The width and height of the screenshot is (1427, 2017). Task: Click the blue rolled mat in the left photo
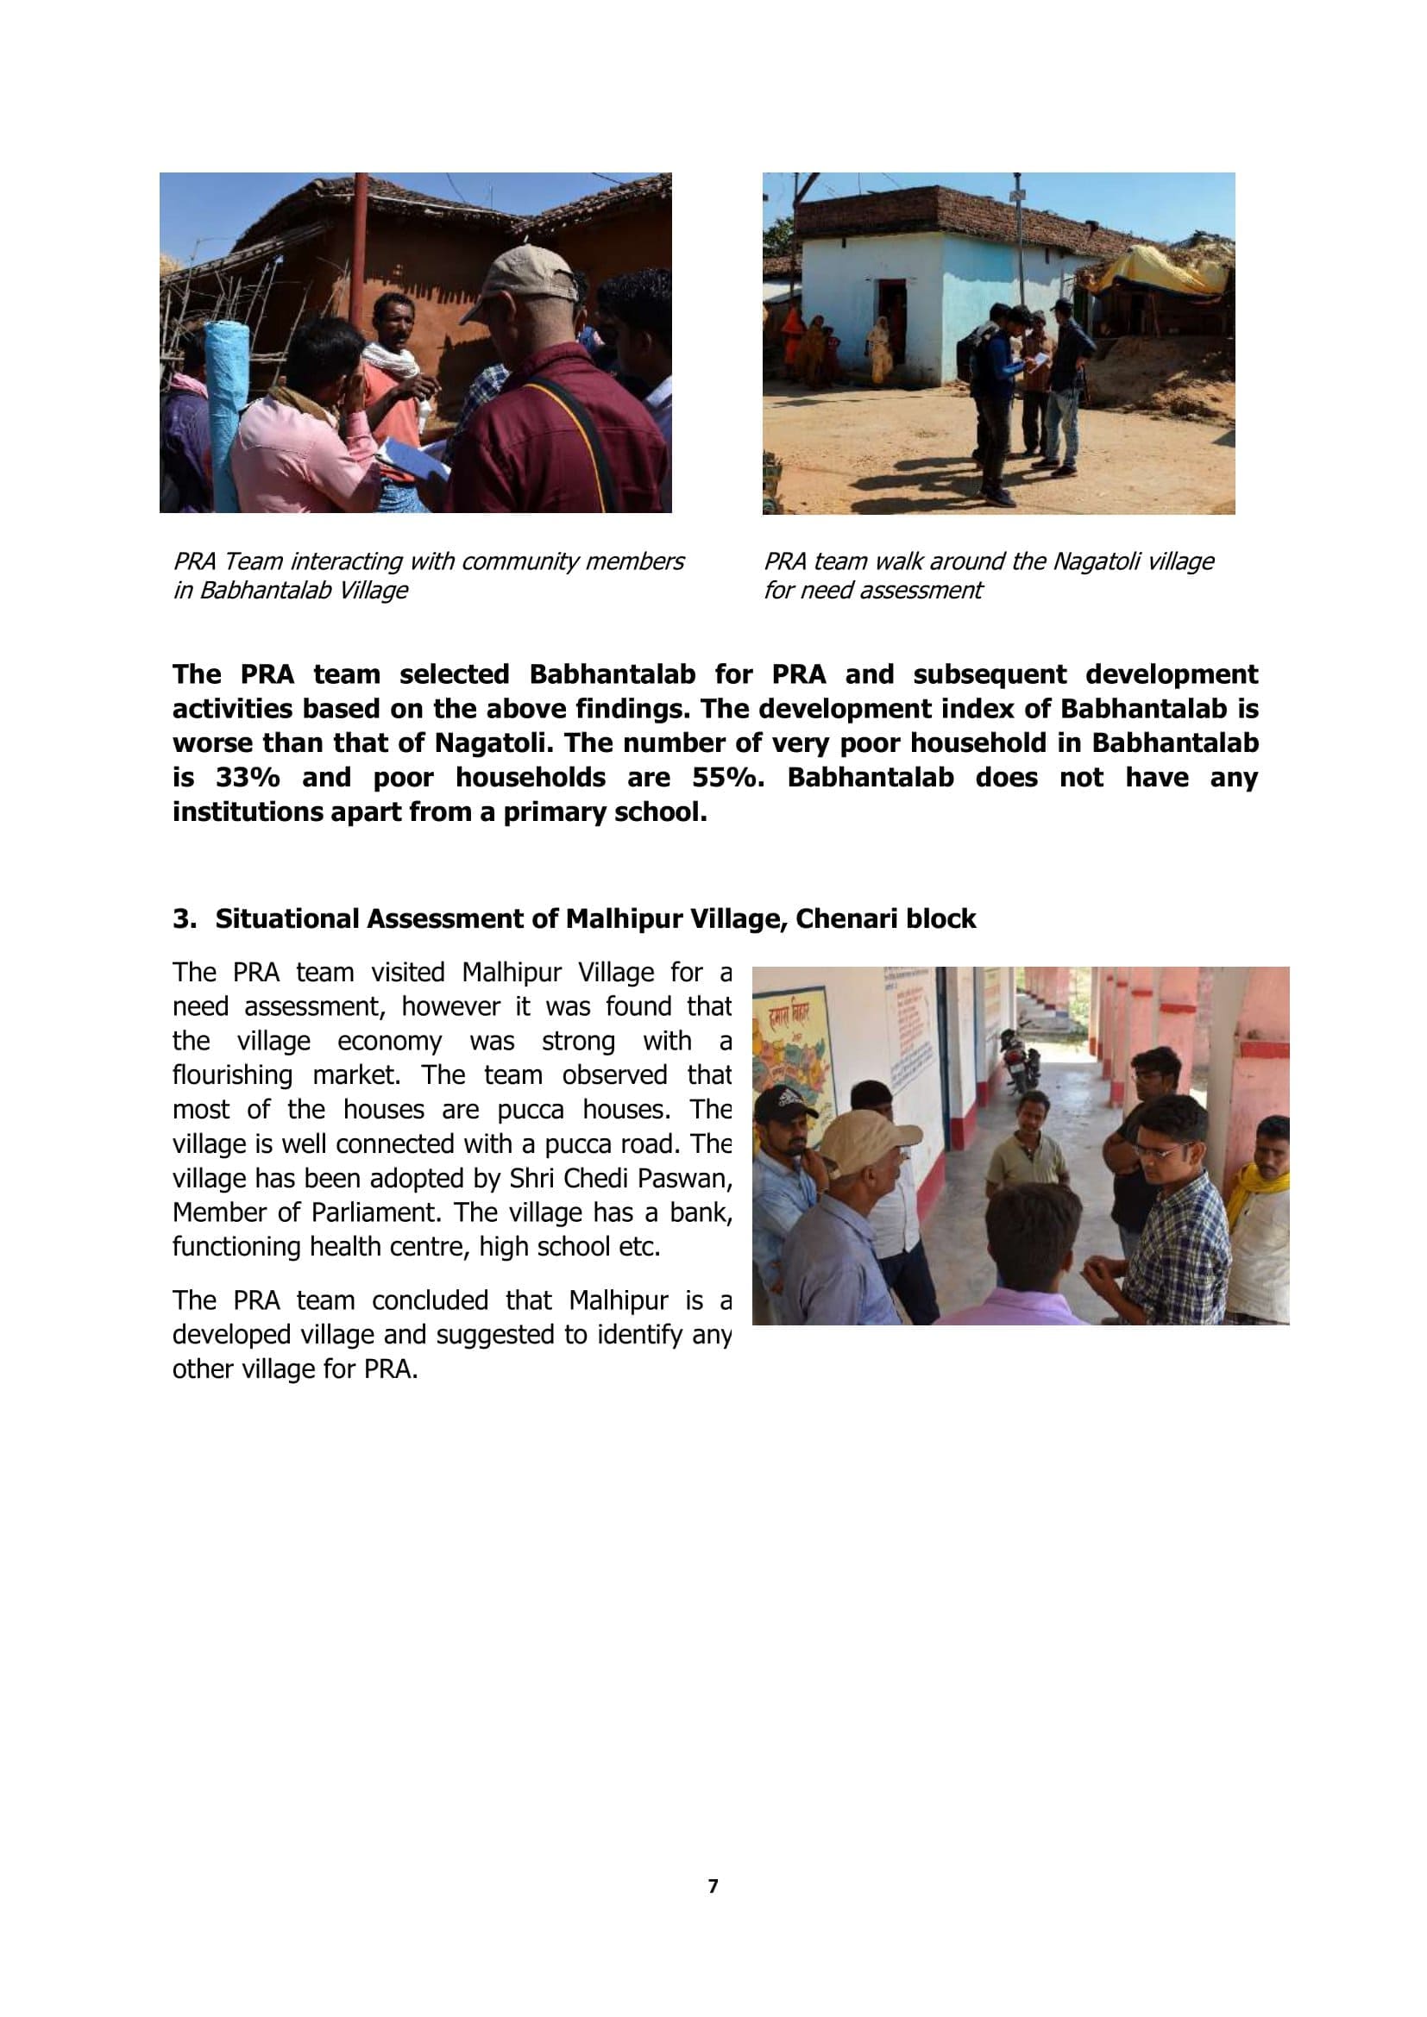pos(223,413)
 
